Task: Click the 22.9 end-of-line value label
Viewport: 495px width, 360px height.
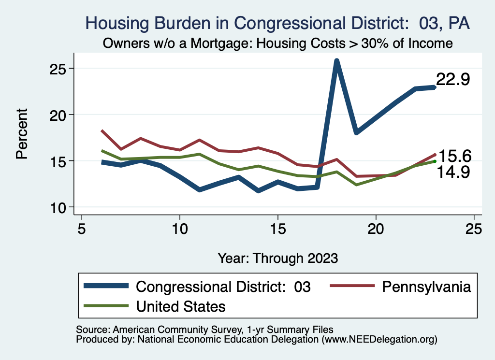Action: click(453, 80)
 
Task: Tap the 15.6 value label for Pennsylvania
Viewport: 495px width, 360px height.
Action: click(454, 156)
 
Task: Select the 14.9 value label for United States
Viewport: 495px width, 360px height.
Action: click(453, 172)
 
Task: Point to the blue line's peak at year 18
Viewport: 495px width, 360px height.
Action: click(336, 61)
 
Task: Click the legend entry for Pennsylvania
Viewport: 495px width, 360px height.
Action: click(426, 287)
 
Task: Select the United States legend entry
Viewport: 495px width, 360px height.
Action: click(181, 306)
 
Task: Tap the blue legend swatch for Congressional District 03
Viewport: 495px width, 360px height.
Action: click(106, 287)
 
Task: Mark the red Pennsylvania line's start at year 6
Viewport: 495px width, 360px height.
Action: click(102, 130)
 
